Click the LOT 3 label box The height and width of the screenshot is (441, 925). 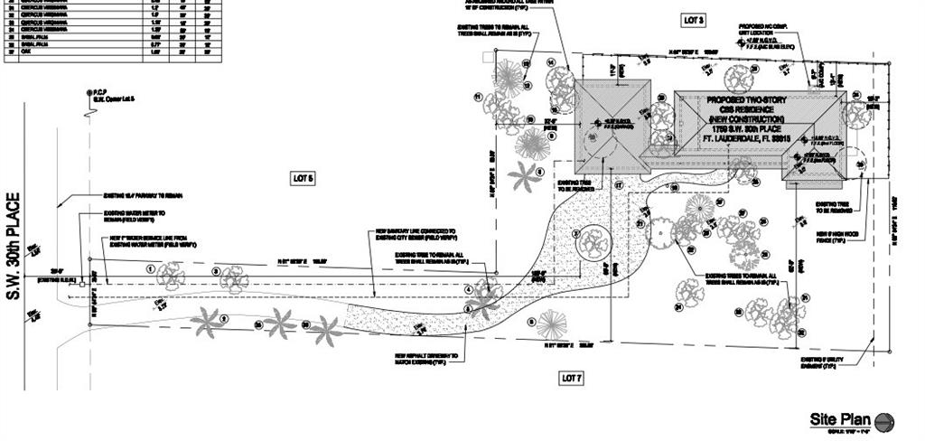point(693,20)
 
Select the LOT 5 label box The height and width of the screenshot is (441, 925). point(302,178)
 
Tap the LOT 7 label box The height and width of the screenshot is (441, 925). point(572,377)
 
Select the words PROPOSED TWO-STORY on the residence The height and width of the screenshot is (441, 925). point(745,98)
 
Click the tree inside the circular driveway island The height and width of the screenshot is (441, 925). point(593,240)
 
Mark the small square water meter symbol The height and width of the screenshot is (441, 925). point(82,283)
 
